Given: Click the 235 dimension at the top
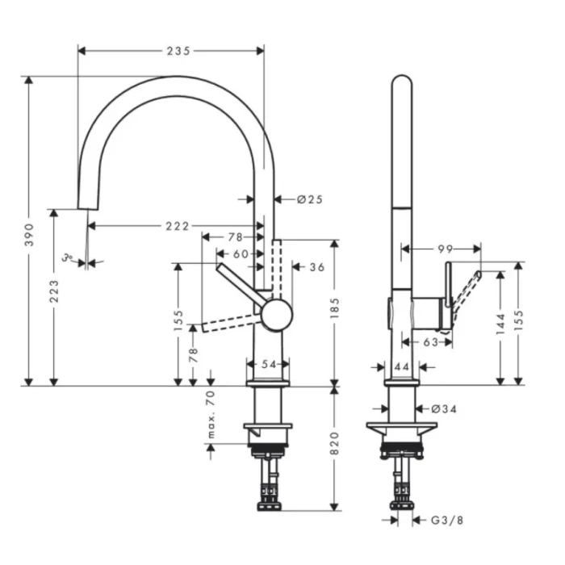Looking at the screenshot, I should click(x=178, y=50).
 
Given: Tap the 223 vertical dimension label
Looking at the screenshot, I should click(x=54, y=292).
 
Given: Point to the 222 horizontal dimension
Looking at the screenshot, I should click(x=178, y=225).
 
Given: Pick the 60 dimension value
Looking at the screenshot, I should click(x=241, y=253).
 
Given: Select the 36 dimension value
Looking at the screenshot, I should click(x=316, y=266).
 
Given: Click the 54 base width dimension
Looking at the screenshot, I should click(x=269, y=364).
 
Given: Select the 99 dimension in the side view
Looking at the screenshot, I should click(x=444, y=249).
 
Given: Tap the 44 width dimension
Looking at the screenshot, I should click(x=401, y=366).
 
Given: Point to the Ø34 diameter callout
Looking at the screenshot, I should click(x=444, y=409).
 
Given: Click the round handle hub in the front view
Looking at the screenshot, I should click(x=276, y=313).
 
